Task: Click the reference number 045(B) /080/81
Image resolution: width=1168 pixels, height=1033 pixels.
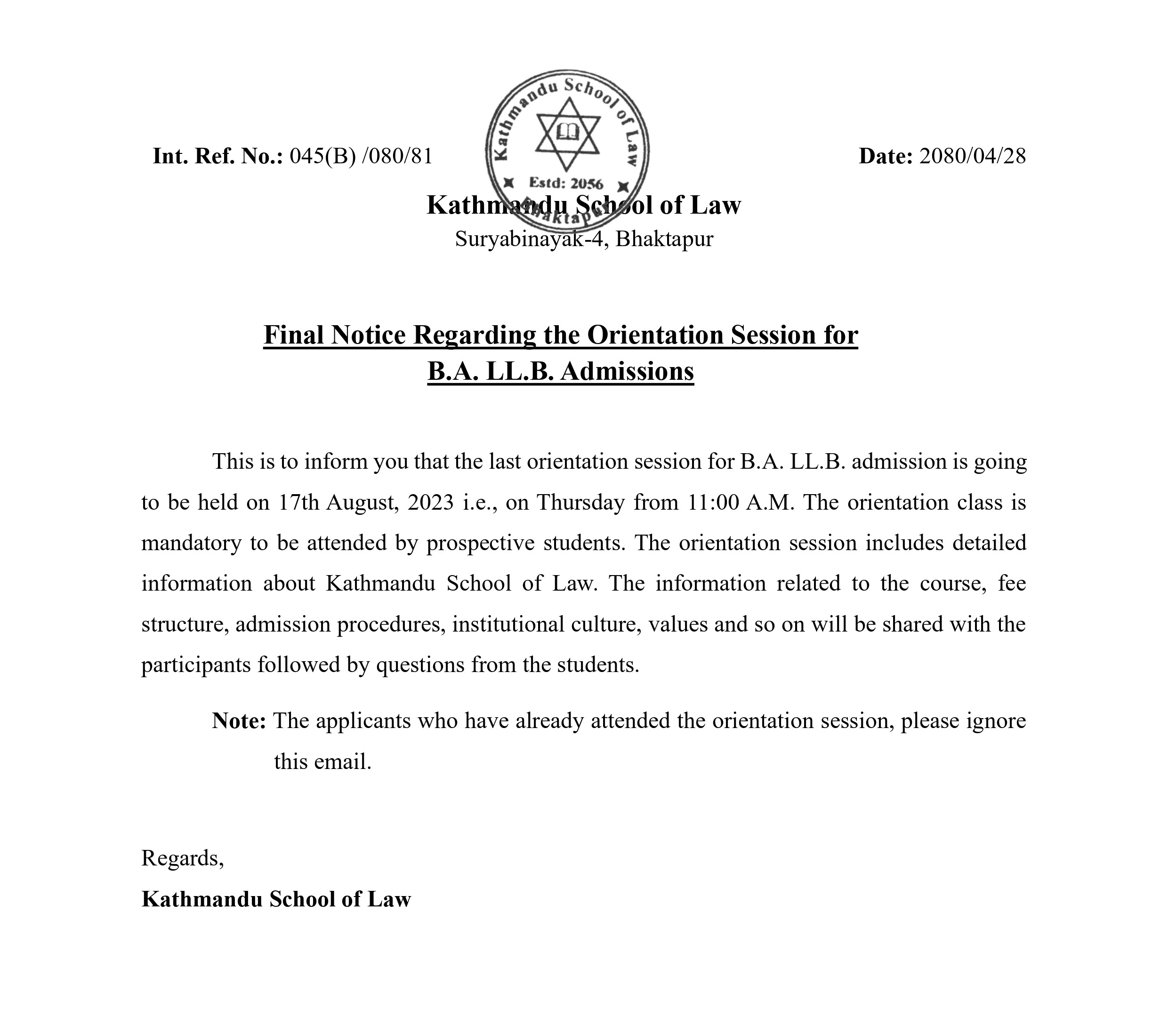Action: point(361,156)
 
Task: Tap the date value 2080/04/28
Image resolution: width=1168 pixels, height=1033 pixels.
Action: point(972,156)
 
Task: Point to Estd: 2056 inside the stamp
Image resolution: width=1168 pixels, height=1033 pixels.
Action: point(566,184)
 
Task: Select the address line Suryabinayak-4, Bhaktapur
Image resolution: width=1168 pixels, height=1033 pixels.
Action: point(583,239)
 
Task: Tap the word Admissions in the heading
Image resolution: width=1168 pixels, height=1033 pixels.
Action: point(627,371)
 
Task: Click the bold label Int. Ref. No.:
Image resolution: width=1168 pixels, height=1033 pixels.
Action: point(217,156)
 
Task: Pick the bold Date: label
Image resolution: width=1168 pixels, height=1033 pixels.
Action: point(886,156)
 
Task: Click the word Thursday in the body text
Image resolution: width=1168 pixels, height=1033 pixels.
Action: point(580,502)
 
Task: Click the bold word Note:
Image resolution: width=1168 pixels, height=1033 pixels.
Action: point(239,721)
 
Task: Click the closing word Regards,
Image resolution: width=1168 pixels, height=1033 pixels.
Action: point(182,858)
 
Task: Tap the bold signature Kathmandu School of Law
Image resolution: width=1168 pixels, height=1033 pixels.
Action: point(276,899)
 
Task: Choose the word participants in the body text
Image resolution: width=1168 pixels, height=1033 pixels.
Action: point(196,665)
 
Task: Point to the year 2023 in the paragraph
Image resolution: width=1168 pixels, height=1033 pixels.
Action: point(431,502)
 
